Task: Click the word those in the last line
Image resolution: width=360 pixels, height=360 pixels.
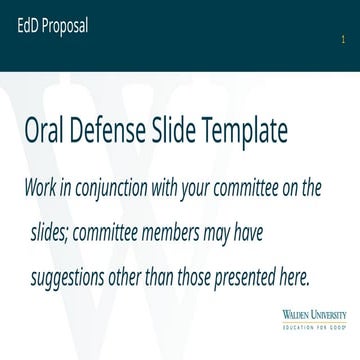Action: pyautogui.click(x=215, y=245)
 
